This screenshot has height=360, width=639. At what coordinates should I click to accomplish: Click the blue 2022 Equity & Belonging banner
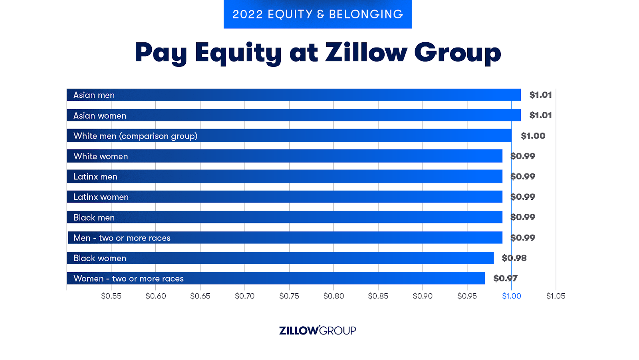click(x=318, y=14)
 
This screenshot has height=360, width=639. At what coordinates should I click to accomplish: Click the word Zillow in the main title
click(x=366, y=52)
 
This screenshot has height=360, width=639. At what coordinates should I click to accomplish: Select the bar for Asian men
click(x=294, y=95)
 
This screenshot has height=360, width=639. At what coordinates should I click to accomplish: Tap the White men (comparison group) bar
click(x=289, y=136)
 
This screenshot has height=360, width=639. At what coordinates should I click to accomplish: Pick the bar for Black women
click(x=280, y=258)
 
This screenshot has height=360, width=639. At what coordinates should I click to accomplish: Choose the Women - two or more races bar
click(x=276, y=278)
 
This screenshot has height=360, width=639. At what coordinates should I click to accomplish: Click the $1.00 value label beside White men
click(x=533, y=136)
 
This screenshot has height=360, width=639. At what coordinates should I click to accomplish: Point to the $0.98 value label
click(x=514, y=258)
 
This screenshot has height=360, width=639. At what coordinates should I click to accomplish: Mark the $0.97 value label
click(x=505, y=278)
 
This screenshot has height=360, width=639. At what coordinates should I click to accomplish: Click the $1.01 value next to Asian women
click(x=540, y=115)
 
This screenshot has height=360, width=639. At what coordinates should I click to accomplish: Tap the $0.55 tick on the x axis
click(x=111, y=296)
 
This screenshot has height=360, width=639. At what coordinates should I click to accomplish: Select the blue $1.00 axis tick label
click(x=511, y=296)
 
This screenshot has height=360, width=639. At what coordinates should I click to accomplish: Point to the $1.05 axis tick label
click(x=556, y=296)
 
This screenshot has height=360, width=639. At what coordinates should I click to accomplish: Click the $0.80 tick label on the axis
click(x=333, y=296)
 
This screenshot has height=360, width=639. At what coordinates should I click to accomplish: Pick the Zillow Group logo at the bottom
click(x=318, y=330)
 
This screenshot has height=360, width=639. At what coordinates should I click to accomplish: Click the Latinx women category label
click(x=101, y=197)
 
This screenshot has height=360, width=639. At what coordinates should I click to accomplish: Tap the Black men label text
click(x=94, y=217)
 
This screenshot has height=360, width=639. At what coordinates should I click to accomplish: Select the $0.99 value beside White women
click(x=523, y=156)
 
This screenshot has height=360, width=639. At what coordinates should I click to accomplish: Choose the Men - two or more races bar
click(x=285, y=238)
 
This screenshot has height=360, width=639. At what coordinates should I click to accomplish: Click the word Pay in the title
click(x=161, y=52)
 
